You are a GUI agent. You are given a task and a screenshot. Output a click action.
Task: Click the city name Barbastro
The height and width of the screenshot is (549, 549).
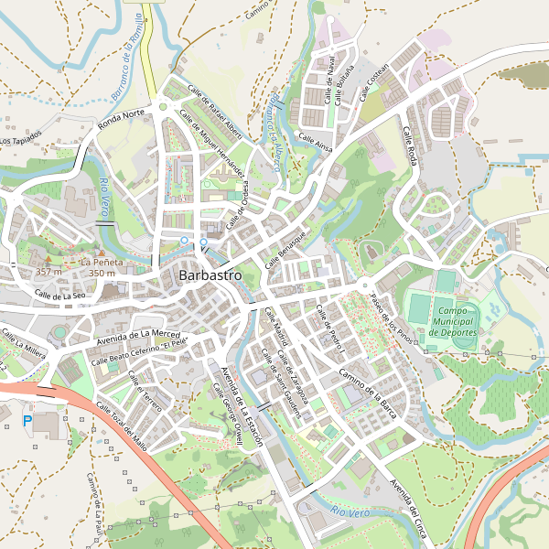tap(210, 274)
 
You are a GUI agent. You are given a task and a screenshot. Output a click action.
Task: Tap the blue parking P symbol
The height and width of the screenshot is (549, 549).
tap(27, 420)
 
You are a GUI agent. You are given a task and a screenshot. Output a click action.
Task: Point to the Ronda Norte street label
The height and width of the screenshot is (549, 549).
tap(123, 120)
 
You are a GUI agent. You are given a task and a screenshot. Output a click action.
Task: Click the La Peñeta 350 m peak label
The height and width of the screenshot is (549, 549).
tap(101, 267)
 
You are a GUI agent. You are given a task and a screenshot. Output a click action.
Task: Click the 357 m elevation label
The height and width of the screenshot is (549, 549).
tap(48, 272)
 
